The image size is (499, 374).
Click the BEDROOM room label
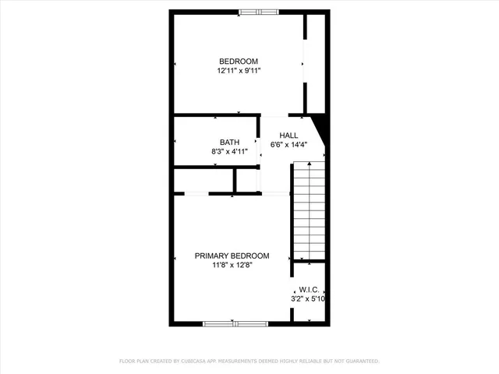238,62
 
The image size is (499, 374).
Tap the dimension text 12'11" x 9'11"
238,71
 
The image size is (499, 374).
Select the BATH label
229,142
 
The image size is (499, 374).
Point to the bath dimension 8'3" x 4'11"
229,151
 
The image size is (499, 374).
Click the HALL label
288,136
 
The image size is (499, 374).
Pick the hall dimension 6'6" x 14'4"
288,145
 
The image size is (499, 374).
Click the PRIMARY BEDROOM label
232,256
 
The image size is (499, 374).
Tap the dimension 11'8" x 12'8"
232,265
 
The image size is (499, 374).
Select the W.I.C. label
308,288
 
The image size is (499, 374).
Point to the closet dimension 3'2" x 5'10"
308,298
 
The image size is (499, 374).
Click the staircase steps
308,210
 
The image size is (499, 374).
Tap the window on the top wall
258,12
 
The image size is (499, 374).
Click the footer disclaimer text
249,362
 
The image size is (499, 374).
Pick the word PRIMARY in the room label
211,256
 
